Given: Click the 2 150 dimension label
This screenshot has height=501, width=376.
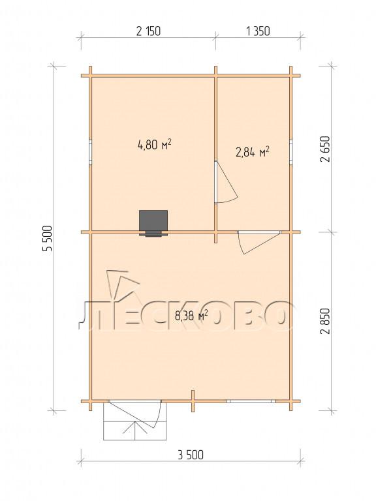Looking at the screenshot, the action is (x=148, y=31).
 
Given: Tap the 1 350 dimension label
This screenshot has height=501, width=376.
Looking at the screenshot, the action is (x=258, y=31).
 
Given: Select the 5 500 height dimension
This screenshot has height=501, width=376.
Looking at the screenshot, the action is (x=47, y=238).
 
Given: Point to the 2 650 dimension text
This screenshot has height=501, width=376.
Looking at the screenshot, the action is (x=326, y=149).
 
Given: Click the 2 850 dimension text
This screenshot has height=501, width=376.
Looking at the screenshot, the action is (x=326, y=321).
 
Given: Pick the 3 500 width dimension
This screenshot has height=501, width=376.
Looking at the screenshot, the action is (x=191, y=454).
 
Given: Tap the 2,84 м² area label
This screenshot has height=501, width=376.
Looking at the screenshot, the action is (x=252, y=152).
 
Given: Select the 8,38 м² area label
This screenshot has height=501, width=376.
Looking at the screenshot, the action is (x=191, y=316).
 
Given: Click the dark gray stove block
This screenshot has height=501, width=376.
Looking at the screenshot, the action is (x=153, y=223).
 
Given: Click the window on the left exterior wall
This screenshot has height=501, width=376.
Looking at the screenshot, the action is (x=91, y=153).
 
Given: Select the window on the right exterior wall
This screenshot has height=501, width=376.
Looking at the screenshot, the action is (x=291, y=153).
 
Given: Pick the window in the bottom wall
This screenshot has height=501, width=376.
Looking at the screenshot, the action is (x=251, y=401).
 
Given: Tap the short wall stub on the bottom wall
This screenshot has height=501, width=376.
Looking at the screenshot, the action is (x=193, y=401).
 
